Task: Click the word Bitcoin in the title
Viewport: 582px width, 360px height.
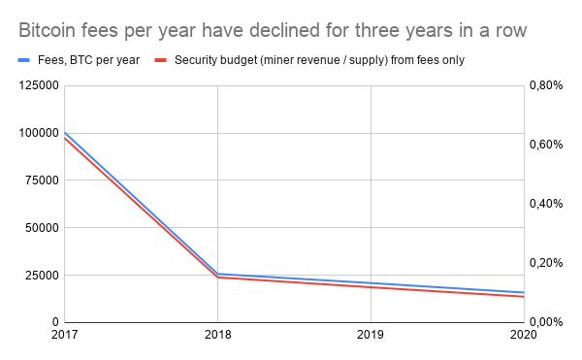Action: pos(48,30)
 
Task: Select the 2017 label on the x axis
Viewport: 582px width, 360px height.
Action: pos(64,336)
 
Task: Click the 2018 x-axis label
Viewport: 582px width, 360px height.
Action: pos(217,336)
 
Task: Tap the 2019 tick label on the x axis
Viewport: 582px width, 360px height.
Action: pos(370,336)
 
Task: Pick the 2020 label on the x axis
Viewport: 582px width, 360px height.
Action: pos(522,336)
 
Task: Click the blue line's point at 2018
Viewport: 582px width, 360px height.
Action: pos(217,274)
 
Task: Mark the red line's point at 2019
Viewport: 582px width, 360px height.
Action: pos(370,287)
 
